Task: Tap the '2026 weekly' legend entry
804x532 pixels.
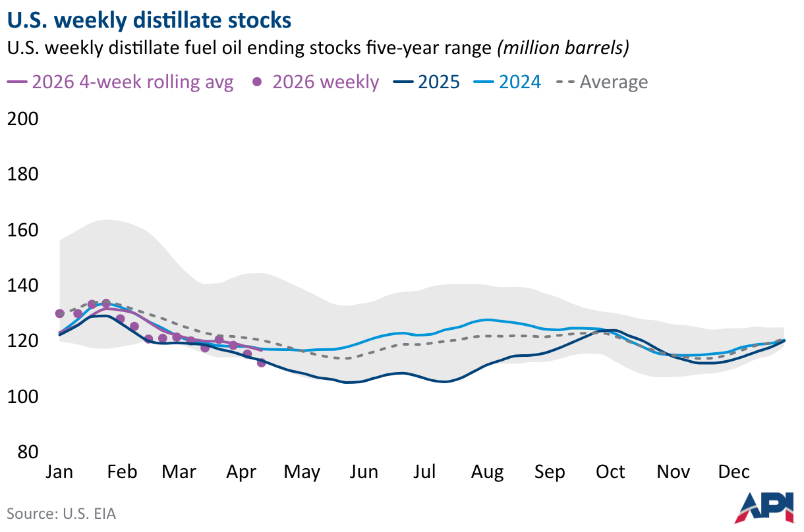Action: [x=316, y=82]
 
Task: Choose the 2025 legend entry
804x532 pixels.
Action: [x=426, y=82]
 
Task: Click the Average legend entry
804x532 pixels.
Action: [x=602, y=82]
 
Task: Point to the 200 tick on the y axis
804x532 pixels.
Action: [x=22, y=119]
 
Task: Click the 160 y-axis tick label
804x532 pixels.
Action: [x=22, y=230]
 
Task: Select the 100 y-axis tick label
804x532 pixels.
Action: [x=22, y=397]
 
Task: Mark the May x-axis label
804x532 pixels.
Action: [x=302, y=472]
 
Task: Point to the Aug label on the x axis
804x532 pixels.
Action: [x=488, y=472]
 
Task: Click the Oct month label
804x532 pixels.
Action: [x=610, y=472]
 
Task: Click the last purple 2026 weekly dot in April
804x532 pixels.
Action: [x=261, y=363]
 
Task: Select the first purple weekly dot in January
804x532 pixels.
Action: [x=60, y=313]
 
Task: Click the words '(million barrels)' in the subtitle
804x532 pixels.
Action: [x=563, y=48]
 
